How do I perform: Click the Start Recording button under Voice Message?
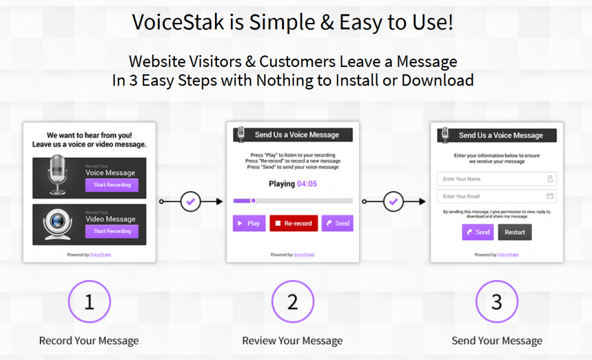pyautogui.click(x=112, y=185)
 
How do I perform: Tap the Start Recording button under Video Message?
pyautogui.click(x=112, y=231)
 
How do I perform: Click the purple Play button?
pyautogui.click(x=249, y=224)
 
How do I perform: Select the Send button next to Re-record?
pyautogui.click(x=338, y=224)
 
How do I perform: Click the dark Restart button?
pyautogui.click(x=515, y=232)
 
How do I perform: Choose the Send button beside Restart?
pyautogui.click(x=478, y=232)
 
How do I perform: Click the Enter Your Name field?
pyautogui.click(x=497, y=179)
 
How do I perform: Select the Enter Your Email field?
pyautogui.click(x=497, y=196)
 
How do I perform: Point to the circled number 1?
pyautogui.click(x=90, y=302)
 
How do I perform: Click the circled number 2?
pyautogui.click(x=293, y=302)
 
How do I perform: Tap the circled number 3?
pyautogui.click(x=497, y=302)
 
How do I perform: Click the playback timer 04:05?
pyautogui.click(x=307, y=184)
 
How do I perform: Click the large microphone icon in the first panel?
pyautogui.click(x=57, y=175)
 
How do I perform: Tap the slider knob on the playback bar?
pyautogui.click(x=254, y=201)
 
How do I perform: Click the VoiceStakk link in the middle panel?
pyautogui.click(x=304, y=255)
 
